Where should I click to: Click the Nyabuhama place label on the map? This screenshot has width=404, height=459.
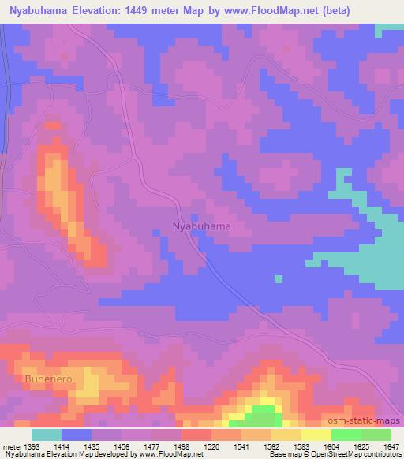click(201, 226)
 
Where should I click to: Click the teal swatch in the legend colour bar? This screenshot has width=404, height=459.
click(47, 435)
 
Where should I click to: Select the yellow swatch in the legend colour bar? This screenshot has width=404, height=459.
click(316, 435)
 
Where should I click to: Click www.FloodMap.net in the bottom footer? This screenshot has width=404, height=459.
click(169, 454)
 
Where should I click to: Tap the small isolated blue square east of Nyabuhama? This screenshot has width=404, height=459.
click(278, 278)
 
